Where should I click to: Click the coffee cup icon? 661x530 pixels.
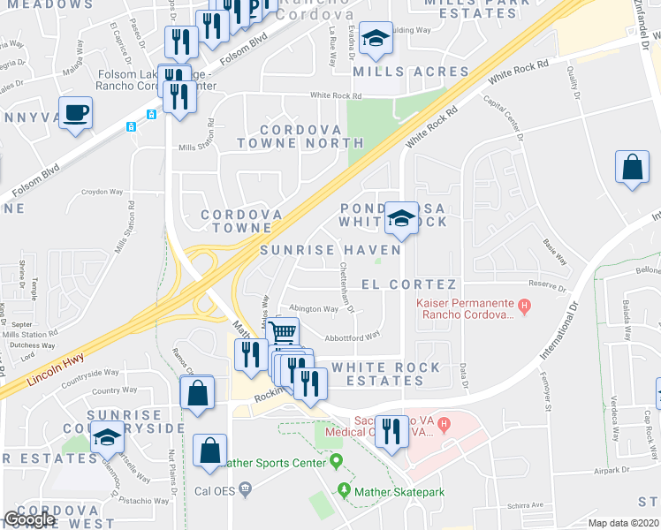(77, 114)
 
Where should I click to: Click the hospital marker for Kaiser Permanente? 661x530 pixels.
(524, 307)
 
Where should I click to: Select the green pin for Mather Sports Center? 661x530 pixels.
(336, 462)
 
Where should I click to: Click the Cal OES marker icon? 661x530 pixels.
(246, 487)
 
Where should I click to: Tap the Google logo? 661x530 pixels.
(29, 519)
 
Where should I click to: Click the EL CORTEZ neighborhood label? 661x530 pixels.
(409, 284)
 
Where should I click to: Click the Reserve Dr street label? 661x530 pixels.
(546, 287)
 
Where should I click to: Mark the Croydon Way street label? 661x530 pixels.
(103, 191)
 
